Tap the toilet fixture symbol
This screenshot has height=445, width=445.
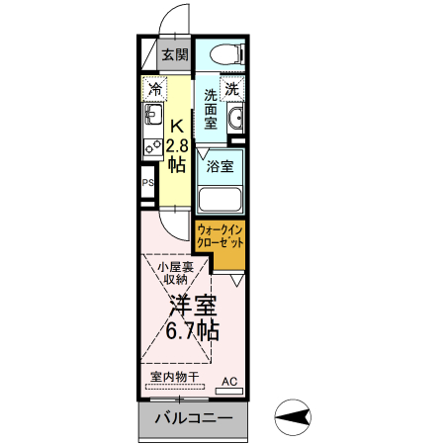point(226,54)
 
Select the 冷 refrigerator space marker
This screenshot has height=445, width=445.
point(154,90)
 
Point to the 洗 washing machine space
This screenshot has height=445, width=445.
point(230,90)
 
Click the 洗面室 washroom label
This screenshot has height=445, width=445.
point(211,112)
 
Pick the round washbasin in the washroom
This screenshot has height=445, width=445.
point(236,121)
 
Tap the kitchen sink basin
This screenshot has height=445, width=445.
point(153,121)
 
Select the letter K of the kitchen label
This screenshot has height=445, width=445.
point(177,127)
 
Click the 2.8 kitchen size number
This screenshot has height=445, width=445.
point(177,146)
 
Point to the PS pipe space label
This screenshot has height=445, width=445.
point(148,183)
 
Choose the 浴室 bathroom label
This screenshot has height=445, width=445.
point(221,165)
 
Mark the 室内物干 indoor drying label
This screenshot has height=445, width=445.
point(174,378)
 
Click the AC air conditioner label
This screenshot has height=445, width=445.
point(228,381)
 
